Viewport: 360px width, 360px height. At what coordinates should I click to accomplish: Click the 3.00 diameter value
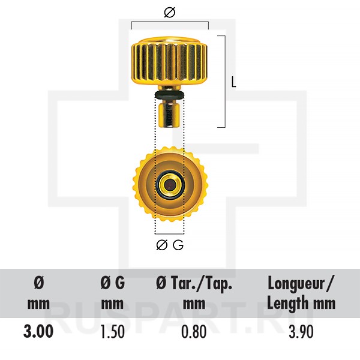[38, 331]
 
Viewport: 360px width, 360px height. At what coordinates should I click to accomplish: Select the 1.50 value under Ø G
[113, 332]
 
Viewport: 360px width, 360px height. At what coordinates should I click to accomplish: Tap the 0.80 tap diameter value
[194, 332]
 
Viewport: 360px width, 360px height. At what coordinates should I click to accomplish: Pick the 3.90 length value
[301, 332]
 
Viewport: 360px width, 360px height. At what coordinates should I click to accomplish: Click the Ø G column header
[113, 293]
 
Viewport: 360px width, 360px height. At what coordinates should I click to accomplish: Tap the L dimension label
[233, 82]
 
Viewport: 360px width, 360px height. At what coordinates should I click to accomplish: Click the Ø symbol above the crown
[170, 13]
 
